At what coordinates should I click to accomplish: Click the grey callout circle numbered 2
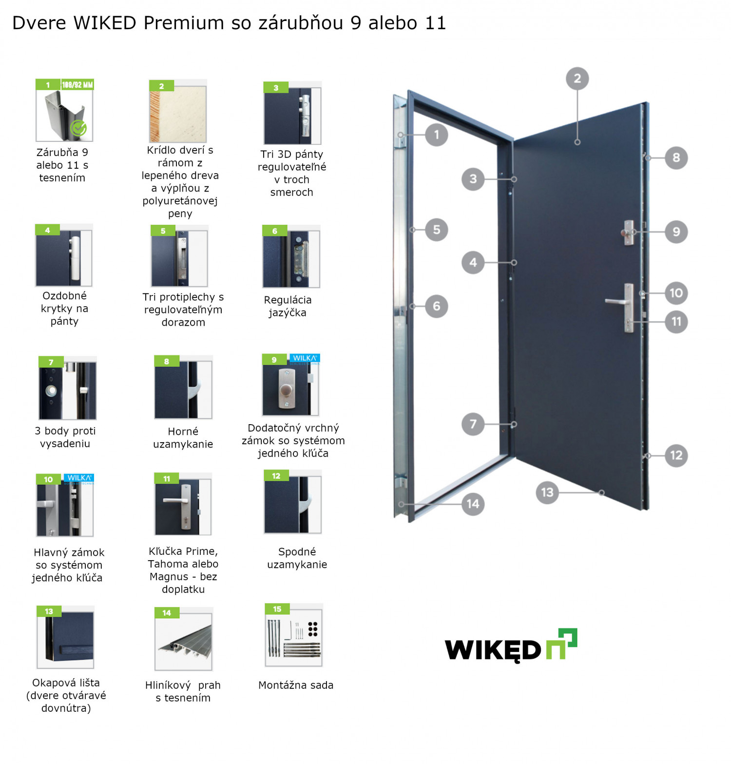coord(577,78)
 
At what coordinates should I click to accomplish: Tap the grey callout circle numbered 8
coord(676,157)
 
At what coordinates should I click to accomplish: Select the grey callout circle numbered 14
coord(473,504)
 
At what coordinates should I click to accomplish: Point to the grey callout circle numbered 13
coord(547,492)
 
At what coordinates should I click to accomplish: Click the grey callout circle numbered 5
coord(436,230)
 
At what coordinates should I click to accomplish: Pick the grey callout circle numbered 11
coord(676,322)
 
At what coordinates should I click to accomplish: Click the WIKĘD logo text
coord(493,649)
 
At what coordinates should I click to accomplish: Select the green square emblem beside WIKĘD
coord(562,644)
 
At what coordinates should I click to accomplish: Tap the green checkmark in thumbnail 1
coord(78,128)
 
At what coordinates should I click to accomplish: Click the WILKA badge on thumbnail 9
coord(305,359)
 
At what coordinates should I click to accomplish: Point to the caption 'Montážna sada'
coord(296,685)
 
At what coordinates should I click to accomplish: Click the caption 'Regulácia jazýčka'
coord(288,306)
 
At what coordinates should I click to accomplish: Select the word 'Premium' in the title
coord(184,23)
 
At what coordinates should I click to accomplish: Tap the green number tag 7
coord(51,362)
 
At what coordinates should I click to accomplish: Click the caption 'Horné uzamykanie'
coord(183,437)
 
